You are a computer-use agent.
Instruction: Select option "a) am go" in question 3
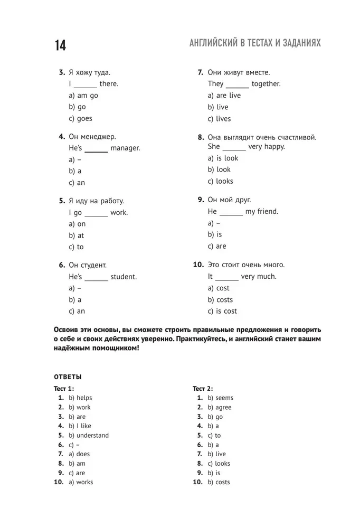point(83,96)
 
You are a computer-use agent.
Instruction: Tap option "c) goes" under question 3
point(80,119)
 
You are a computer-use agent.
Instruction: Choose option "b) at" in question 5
point(77,235)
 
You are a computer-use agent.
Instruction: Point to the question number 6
point(62,265)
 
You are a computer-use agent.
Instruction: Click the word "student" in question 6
point(124,277)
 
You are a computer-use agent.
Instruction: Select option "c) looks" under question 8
point(220,181)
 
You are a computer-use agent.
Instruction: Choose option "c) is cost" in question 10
point(222,312)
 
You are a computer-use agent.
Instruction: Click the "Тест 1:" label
point(64,389)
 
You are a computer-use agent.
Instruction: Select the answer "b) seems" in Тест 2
point(220,398)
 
